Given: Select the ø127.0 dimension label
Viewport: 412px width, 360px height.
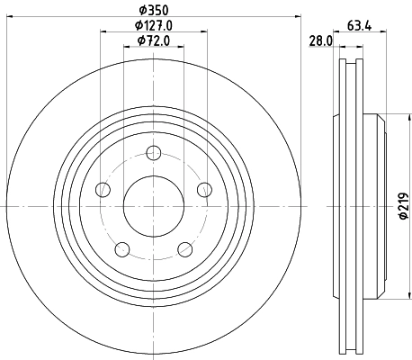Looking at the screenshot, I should click(x=153, y=25).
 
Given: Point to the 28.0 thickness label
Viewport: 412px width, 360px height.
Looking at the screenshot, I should click(x=322, y=40).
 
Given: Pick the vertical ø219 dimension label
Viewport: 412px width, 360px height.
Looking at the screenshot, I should click(x=404, y=206).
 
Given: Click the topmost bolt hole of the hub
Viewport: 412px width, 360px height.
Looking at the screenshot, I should click(x=153, y=152).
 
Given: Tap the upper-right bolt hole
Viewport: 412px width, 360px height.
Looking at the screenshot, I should click(x=203, y=189).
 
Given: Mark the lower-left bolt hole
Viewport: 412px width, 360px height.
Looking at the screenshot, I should click(x=122, y=248).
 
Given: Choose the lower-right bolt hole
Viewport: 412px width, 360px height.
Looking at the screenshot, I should click(x=184, y=248).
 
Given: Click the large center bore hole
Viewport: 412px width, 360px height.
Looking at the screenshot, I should click(x=153, y=205).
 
